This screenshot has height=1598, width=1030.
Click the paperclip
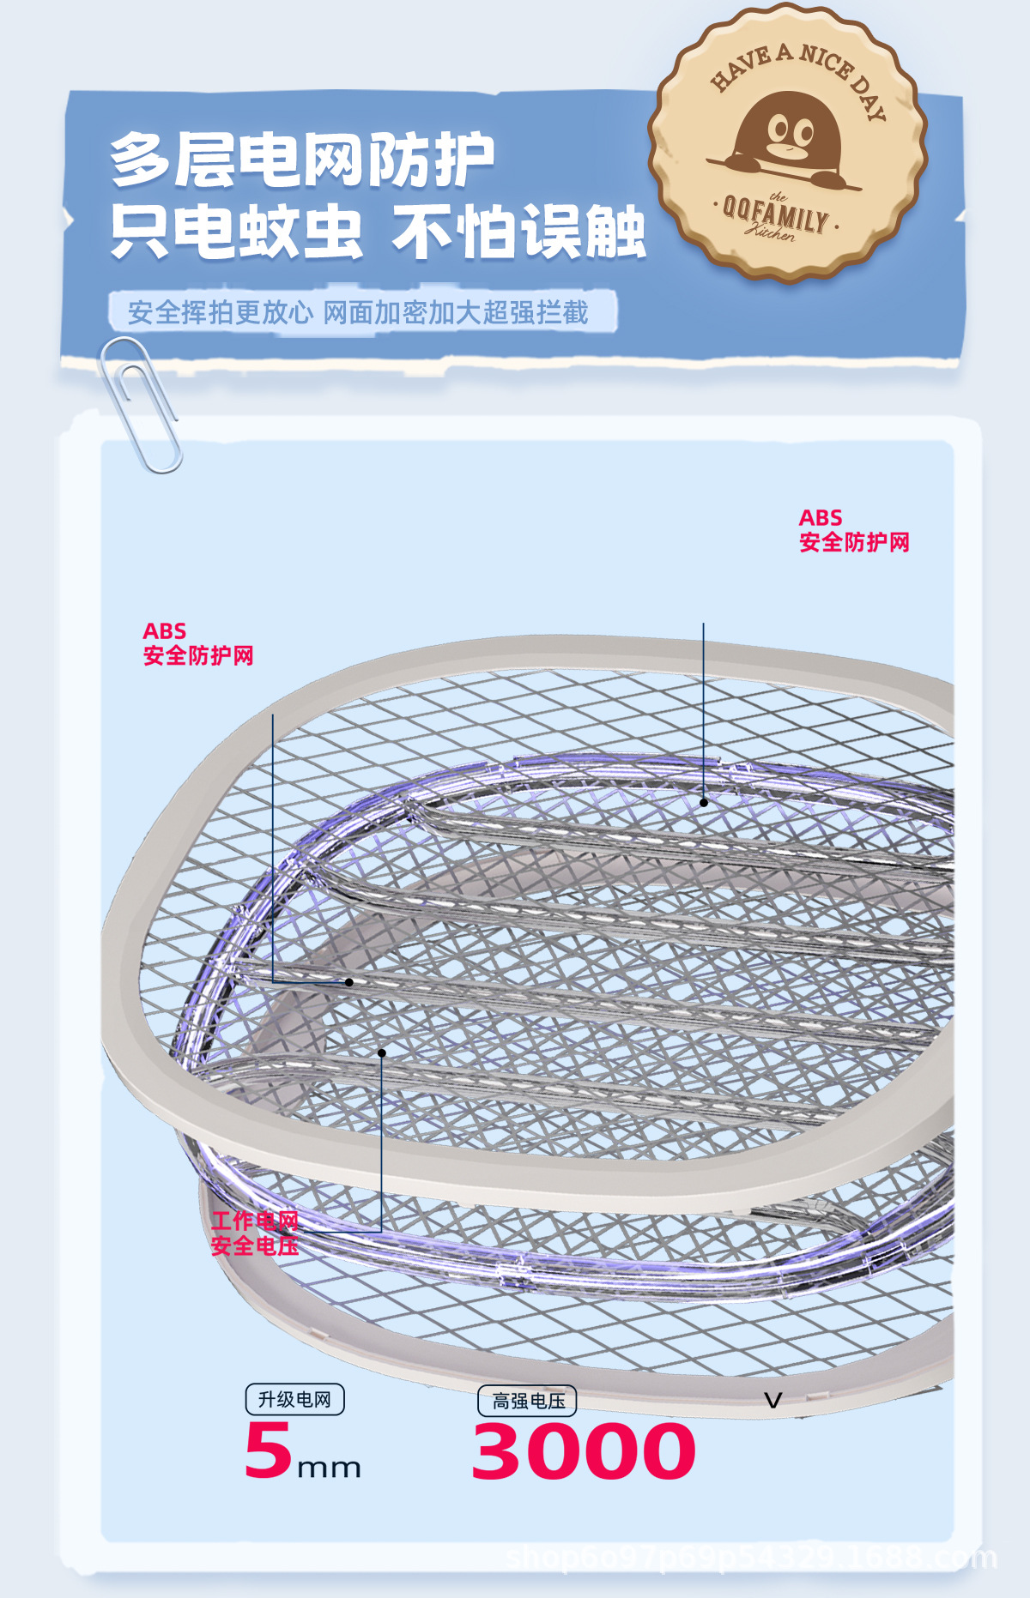tap(140, 403)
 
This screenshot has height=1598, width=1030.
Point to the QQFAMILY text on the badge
tap(776, 214)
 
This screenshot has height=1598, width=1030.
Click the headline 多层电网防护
tap(302, 160)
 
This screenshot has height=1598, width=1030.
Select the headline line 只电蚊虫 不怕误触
tap(378, 232)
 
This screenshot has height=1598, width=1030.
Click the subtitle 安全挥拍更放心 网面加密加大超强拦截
tap(358, 312)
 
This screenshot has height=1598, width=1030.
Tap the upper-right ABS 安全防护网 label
tap(853, 530)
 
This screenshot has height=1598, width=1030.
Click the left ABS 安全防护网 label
tap(197, 644)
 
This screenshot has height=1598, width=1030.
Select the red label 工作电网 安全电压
tap(255, 1233)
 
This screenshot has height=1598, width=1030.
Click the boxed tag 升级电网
tap(294, 1399)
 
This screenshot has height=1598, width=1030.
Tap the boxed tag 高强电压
tap(528, 1401)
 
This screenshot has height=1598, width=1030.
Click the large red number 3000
tap(584, 1450)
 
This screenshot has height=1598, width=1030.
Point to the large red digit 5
tap(268, 1450)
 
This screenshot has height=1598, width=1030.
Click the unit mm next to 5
tap(329, 1468)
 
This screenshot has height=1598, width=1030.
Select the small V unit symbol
tap(772, 1401)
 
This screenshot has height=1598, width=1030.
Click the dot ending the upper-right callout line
tap(704, 803)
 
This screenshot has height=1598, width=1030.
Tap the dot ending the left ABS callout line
tap(349, 982)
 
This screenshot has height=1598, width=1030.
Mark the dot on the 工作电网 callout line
tap(382, 1052)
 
